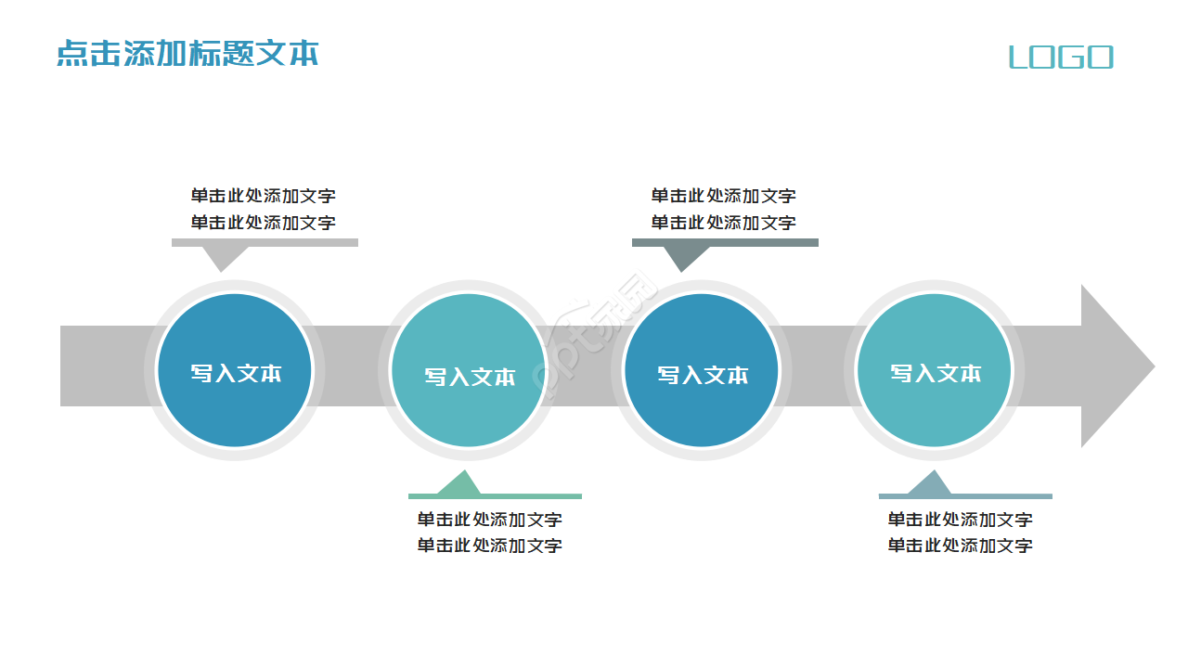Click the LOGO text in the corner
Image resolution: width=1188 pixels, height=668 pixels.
point(1061,58)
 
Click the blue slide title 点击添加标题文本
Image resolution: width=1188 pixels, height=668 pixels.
point(187,53)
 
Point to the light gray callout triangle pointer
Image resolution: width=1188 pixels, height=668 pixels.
point(221,257)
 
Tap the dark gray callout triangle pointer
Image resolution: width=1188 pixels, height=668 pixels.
point(682,257)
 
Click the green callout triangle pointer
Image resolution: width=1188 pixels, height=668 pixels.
point(459,485)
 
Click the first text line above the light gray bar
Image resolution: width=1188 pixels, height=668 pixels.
point(264,196)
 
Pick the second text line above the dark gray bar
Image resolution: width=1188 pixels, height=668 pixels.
point(723,223)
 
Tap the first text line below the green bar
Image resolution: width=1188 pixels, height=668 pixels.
point(489,520)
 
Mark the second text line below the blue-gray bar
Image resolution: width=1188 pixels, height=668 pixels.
point(960,546)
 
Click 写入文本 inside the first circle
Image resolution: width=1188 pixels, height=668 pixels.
point(236,373)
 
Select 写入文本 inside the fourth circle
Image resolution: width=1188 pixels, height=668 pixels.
point(936,373)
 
